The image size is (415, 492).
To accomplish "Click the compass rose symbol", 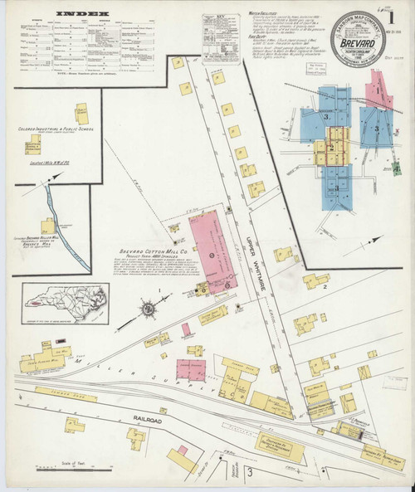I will tap(149, 310).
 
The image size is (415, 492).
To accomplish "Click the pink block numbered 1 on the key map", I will tap(379, 85).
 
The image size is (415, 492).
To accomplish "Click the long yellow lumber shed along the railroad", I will tap(55, 396).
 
